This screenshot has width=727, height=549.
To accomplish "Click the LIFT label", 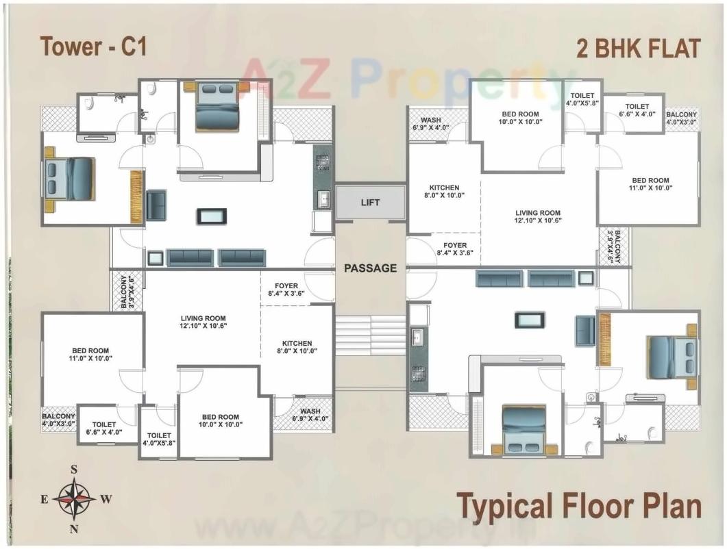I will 369,203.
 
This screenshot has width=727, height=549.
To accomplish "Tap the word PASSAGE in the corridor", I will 370,268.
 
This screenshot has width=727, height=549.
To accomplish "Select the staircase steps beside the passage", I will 370,335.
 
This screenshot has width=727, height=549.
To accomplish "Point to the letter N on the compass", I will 74,528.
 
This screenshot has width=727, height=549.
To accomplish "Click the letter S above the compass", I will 74,470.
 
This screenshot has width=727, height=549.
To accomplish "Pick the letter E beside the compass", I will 44,499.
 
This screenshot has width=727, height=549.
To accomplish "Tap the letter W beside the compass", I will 106,499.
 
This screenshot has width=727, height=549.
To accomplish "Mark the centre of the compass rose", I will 74,499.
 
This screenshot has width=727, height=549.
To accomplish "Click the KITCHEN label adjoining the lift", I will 444,191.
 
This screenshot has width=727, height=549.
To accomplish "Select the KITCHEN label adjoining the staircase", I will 297,347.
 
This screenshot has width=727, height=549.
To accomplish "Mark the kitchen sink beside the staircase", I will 417,336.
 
